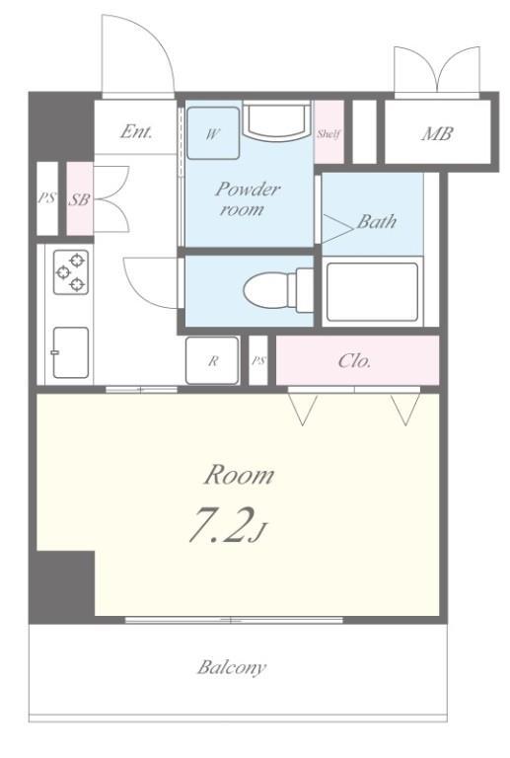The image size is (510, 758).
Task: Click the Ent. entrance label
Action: pyautogui.click(x=136, y=131)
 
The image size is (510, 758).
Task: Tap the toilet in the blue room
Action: pyautogui.click(x=278, y=290)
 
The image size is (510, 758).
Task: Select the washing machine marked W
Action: pyautogui.click(x=213, y=133)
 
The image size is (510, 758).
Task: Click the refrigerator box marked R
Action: pyautogui.click(x=212, y=360)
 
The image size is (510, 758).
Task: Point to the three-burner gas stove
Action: pyautogui.click(x=70, y=271)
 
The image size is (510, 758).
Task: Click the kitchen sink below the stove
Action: pyautogui.click(x=70, y=352)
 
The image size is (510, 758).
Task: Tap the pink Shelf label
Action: pyautogui.click(x=328, y=133)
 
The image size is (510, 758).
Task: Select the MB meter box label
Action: pyautogui.click(x=437, y=133)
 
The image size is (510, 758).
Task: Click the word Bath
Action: pyautogui.click(x=377, y=221)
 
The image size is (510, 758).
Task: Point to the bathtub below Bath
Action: pyautogui.click(x=372, y=292)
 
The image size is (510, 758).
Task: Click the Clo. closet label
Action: pyautogui.click(x=354, y=360)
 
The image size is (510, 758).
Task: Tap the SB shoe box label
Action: pyautogui.click(x=79, y=199)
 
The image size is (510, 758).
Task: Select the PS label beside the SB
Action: pyautogui.click(x=46, y=197)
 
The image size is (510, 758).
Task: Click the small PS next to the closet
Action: pyautogui.click(x=258, y=360)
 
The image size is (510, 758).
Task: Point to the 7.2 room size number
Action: pyautogui.click(x=221, y=525)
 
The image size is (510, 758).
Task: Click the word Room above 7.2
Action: pyautogui.click(x=239, y=475)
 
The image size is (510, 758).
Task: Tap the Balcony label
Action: pyautogui.click(x=232, y=667)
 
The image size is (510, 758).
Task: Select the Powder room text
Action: pyautogui.click(x=247, y=198)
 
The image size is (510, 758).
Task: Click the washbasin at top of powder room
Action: pyautogui.click(x=277, y=119)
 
